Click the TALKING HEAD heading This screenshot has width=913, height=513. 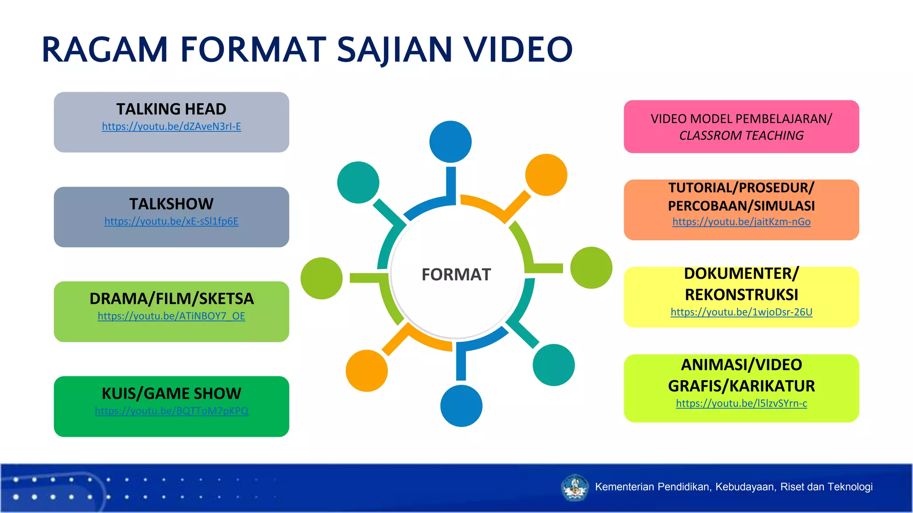coord(171,109)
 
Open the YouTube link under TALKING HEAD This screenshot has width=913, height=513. coord(171,127)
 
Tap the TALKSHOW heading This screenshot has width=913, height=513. coord(171,204)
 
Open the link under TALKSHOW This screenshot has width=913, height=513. coord(171,221)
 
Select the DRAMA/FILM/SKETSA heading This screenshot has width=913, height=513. coord(171,298)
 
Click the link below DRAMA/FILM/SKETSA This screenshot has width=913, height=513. coord(171,316)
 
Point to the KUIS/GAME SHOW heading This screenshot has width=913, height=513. coord(171,393)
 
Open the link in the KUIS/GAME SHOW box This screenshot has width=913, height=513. coord(171,411)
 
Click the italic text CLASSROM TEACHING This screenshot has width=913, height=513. coord(741,135)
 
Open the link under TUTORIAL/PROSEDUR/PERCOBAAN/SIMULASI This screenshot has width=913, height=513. coord(741,222)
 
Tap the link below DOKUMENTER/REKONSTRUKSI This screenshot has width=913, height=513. coord(741,312)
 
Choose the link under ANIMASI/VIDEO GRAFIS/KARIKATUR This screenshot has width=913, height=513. coord(741,403)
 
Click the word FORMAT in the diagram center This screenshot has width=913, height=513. coord(456,274)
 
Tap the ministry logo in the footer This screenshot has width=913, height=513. coord(575,487)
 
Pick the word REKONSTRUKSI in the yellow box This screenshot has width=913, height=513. coord(741,295)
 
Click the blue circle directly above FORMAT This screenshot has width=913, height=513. coord(450,142)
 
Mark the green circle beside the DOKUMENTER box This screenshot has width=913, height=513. coord(591,268)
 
